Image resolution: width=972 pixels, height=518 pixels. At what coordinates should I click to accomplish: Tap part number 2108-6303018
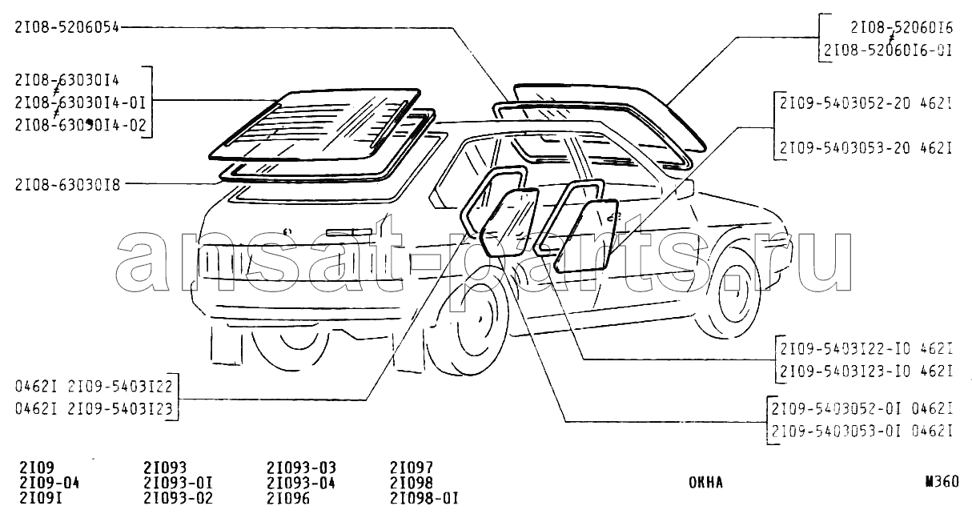pyautogui.click(x=67, y=184)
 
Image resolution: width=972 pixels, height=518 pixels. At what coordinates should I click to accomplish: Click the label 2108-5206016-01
pyautogui.click(x=887, y=50)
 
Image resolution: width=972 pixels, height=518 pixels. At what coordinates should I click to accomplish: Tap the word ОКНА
pyautogui.click(x=705, y=483)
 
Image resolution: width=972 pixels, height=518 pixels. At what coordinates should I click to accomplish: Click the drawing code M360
pyautogui.click(x=940, y=482)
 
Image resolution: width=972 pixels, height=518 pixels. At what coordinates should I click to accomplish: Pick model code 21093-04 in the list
pyautogui.click(x=300, y=483)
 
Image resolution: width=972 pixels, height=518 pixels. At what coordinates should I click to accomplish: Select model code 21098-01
pyautogui.click(x=424, y=497)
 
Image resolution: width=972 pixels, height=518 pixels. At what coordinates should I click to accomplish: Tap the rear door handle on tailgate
pyautogui.click(x=349, y=232)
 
